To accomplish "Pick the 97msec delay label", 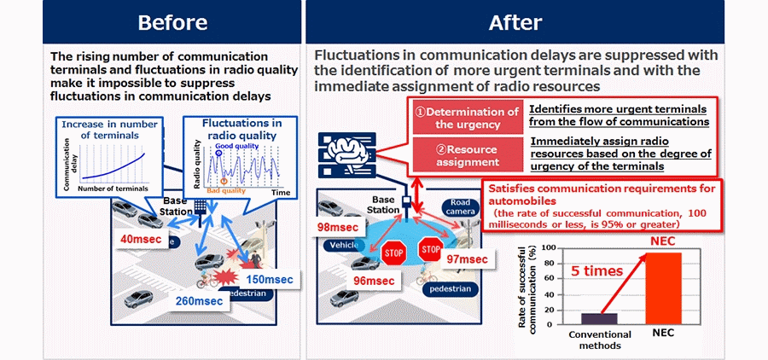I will click(x=466, y=258).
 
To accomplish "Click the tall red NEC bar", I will click(x=665, y=289).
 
